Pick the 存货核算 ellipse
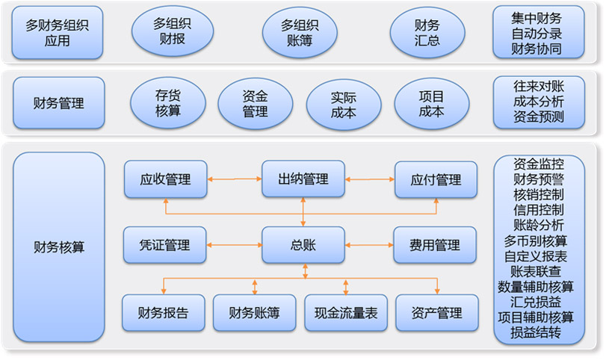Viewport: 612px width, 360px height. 168,104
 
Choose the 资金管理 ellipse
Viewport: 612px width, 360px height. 256,104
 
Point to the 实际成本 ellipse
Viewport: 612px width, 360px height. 343,104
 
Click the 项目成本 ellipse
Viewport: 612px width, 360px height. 431,104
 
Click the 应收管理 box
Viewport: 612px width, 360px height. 165,179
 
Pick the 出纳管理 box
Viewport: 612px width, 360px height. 303,179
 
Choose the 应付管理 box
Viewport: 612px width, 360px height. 436,179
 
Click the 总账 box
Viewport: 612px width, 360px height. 303,245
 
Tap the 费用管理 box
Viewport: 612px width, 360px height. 435,245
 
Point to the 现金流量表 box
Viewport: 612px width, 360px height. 346,313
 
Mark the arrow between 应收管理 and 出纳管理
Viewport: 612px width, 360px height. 234,179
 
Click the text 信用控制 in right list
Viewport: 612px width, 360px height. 539,209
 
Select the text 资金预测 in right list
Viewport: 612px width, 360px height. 539,117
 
